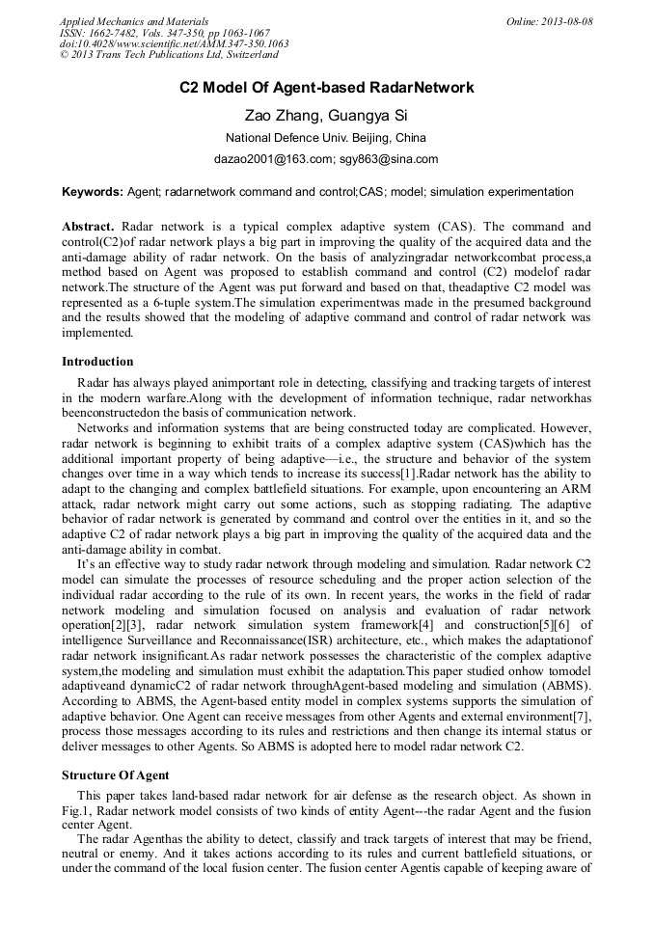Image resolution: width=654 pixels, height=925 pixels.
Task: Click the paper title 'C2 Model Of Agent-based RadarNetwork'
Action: coord(327,88)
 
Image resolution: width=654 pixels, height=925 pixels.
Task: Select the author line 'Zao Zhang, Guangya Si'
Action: coord(326,115)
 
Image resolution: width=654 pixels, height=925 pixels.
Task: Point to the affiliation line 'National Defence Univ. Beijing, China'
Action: coord(326,137)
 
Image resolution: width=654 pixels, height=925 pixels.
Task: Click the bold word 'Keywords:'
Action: coord(93,192)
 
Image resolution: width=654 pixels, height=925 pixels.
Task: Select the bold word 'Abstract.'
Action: coord(90,225)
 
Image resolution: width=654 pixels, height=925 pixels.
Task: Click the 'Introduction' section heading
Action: coord(97,362)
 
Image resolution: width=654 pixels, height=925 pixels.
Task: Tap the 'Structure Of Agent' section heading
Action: coord(116,775)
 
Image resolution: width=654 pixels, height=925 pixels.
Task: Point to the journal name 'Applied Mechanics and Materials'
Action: coord(134,21)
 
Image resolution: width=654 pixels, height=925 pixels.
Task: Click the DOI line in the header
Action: coord(174,44)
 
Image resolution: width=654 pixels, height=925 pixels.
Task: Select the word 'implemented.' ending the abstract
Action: coord(97,333)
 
